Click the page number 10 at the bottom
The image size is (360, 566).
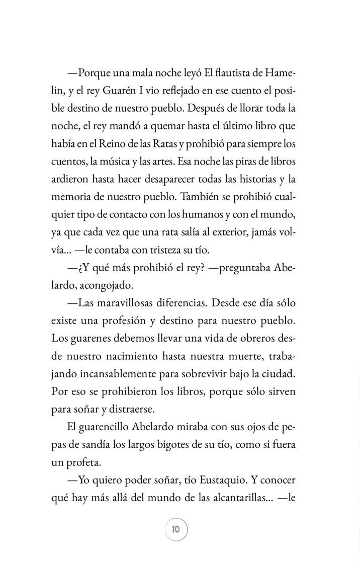click(x=175, y=529)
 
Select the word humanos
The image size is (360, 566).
click(x=199, y=216)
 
